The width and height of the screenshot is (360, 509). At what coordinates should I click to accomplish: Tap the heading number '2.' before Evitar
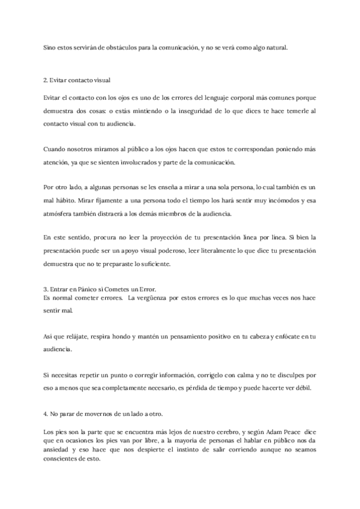(x=46, y=80)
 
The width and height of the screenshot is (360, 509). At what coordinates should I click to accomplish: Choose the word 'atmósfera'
(x=61, y=214)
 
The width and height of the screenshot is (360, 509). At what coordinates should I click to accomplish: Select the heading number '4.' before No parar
(x=46, y=414)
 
